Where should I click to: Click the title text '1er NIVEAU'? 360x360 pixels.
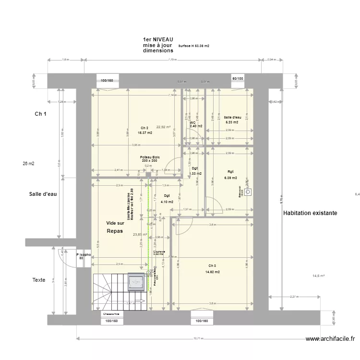(157, 39)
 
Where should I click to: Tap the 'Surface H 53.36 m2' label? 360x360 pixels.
(193, 46)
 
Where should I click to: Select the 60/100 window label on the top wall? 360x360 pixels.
(238, 78)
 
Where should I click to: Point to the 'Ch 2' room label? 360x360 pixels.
(144, 127)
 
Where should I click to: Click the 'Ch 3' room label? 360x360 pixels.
(212, 266)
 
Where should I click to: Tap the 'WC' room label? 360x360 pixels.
(192, 123)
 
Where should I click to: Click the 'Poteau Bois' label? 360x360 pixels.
(150, 157)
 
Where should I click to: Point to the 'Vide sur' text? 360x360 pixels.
(115, 223)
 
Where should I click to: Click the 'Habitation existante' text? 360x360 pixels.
(310, 213)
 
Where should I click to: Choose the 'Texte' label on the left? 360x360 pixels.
(39, 280)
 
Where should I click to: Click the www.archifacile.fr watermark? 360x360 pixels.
(331, 339)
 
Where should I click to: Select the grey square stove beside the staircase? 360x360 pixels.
(136, 283)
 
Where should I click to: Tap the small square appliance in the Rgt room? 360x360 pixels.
(248, 192)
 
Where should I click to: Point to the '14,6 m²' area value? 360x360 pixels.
(319, 276)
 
